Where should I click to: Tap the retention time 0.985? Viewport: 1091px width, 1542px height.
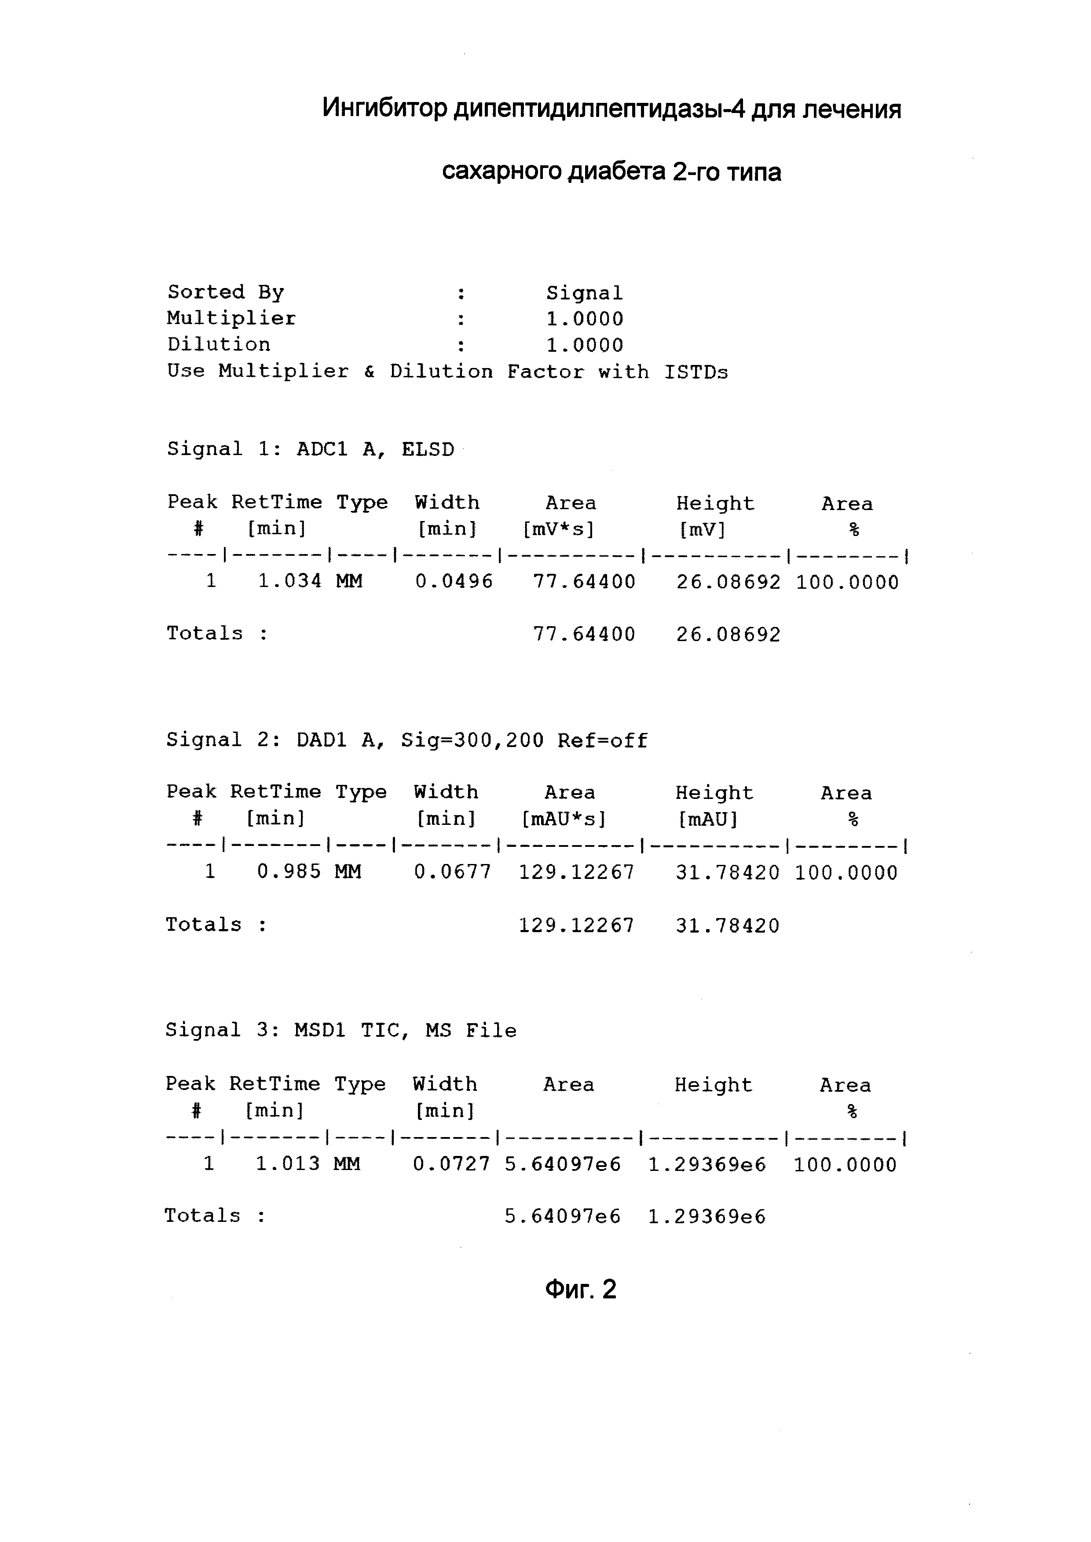[x=289, y=872]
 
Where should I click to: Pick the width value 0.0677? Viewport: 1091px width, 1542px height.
[x=453, y=872]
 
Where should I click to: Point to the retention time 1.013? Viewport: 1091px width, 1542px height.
[x=288, y=1163]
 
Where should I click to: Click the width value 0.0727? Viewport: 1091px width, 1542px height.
[x=451, y=1163]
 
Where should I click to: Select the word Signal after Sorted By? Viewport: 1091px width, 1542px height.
[x=585, y=293]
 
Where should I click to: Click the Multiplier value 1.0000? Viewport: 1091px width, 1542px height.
[x=585, y=319]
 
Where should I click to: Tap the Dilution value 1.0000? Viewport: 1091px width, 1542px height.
[x=585, y=345]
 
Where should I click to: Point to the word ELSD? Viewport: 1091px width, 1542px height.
[x=428, y=449]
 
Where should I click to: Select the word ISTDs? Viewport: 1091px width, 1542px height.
[x=696, y=372]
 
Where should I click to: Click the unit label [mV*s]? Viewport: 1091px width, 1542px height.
[x=558, y=530]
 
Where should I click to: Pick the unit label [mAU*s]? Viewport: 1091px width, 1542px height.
[x=564, y=819]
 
